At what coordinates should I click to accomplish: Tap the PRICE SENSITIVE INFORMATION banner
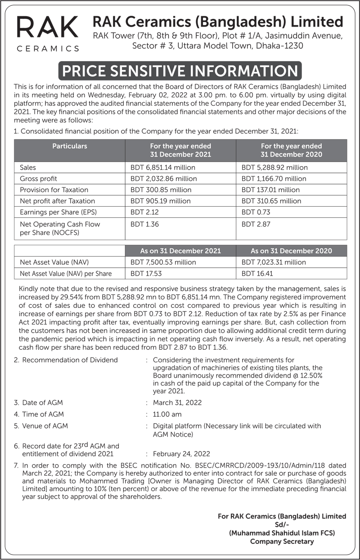click(x=180, y=71)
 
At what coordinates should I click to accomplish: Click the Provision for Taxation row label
click(x=54, y=190)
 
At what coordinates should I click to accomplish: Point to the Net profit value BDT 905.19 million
click(x=160, y=201)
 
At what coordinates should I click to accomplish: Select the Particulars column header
click(x=70, y=146)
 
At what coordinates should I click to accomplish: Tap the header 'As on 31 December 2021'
click(x=180, y=251)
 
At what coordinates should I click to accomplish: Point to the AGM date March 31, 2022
click(x=177, y=402)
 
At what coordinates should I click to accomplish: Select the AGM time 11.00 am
click(x=167, y=414)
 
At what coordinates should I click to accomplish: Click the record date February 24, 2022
click(x=181, y=454)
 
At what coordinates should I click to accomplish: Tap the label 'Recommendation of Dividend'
click(x=70, y=360)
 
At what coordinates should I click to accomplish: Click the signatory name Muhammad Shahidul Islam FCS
click(x=282, y=533)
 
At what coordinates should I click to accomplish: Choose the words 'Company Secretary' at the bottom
click(x=282, y=542)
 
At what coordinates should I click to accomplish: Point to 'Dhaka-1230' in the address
click(x=279, y=45)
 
